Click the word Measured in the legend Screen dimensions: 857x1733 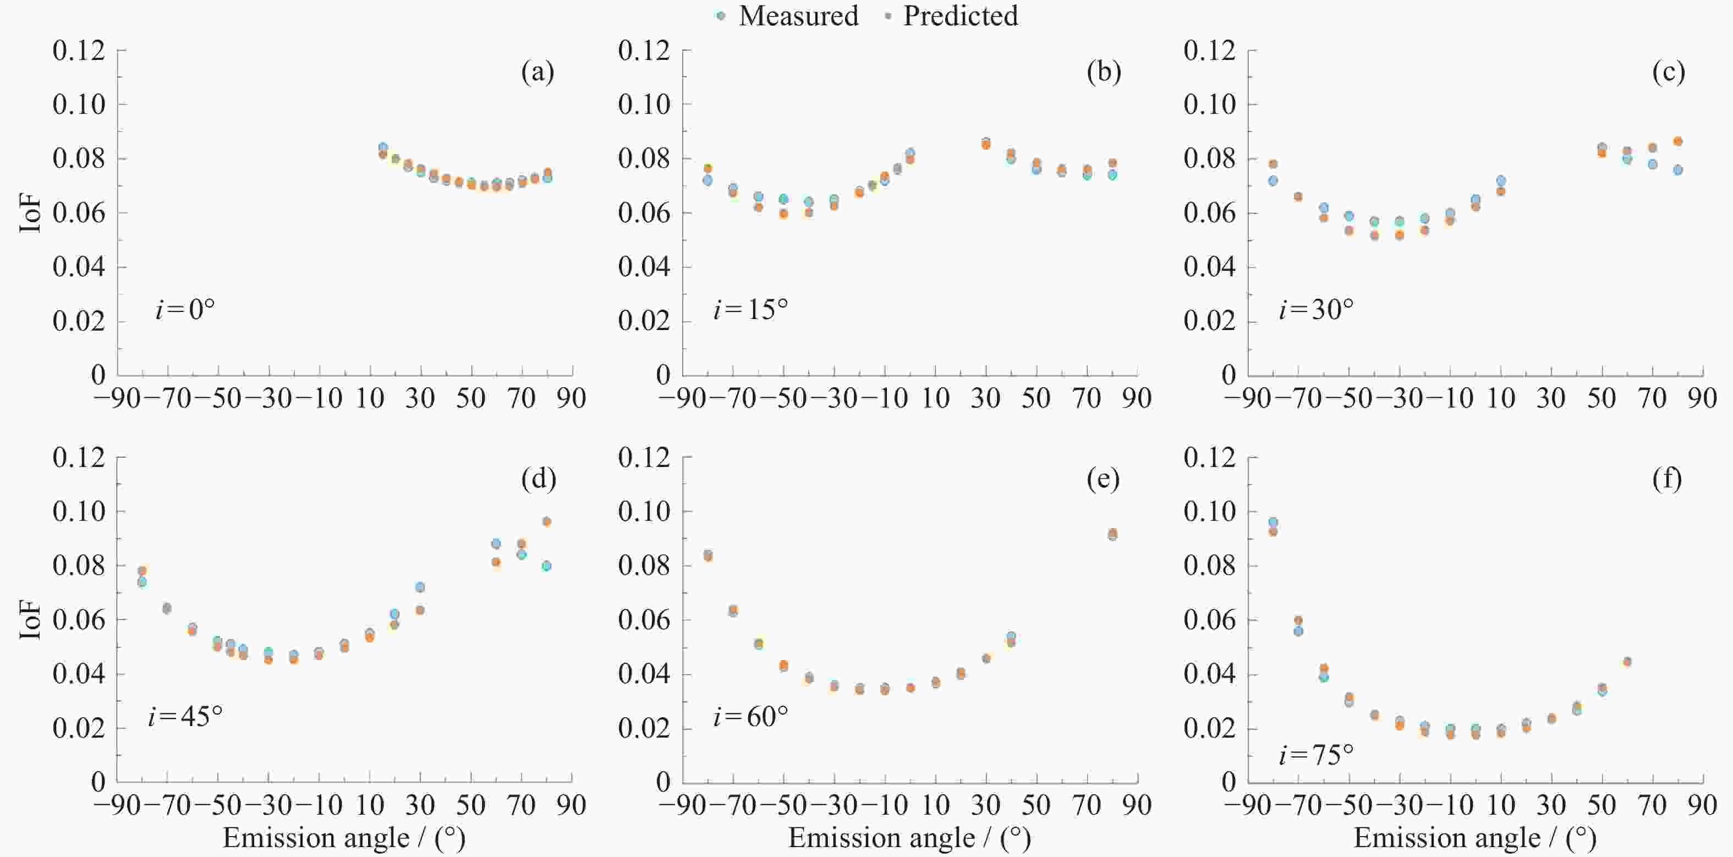click(798, 16)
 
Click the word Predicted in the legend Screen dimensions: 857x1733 click(960, 16)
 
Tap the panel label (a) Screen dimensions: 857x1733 click(538, 72)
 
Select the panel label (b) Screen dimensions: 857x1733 click(1103, 72)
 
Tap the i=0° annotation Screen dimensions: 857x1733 click(185, 310)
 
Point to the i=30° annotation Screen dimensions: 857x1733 click(1316, 310)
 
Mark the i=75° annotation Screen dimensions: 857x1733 click(1316, 755)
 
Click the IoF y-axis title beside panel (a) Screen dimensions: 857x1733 click(30, 213)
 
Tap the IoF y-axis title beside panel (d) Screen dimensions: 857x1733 click(30, 619)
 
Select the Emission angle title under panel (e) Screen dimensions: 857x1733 click(909, 838)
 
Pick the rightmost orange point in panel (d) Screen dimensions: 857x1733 click(547, 521)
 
